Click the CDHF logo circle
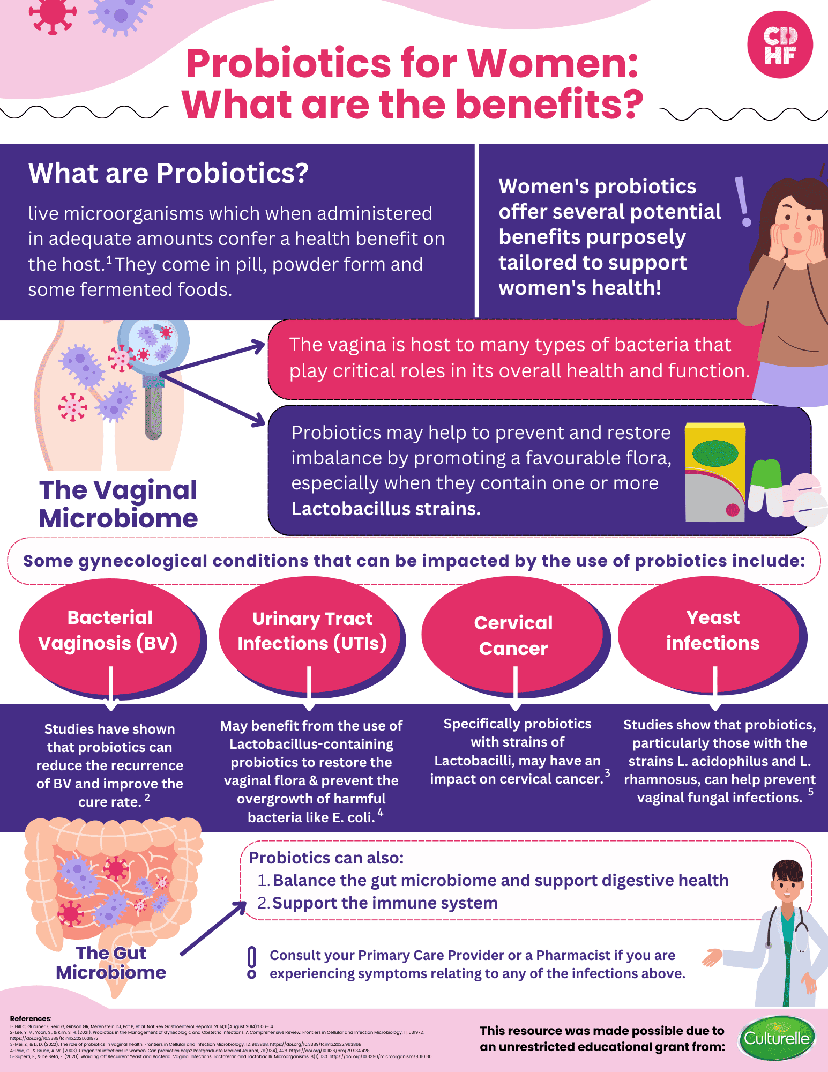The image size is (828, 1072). click(780, 46)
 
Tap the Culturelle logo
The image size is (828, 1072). click(777, 1038)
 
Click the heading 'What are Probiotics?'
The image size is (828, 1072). click(168, 174)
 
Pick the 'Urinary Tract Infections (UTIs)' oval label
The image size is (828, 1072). click(312, 631)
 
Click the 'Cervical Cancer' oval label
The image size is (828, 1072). click(513, 635)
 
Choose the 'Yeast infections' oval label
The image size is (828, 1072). click(712, 631)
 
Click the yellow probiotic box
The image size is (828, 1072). click(715, 472)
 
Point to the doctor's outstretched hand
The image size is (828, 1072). click(712, 957)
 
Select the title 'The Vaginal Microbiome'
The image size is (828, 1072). click(118, 504)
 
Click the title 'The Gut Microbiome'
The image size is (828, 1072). click(111, 963)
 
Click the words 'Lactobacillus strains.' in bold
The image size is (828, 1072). click(386, 509)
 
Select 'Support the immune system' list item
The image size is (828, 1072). click(385, 903)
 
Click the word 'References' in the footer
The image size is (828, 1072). click(30, 1018)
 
